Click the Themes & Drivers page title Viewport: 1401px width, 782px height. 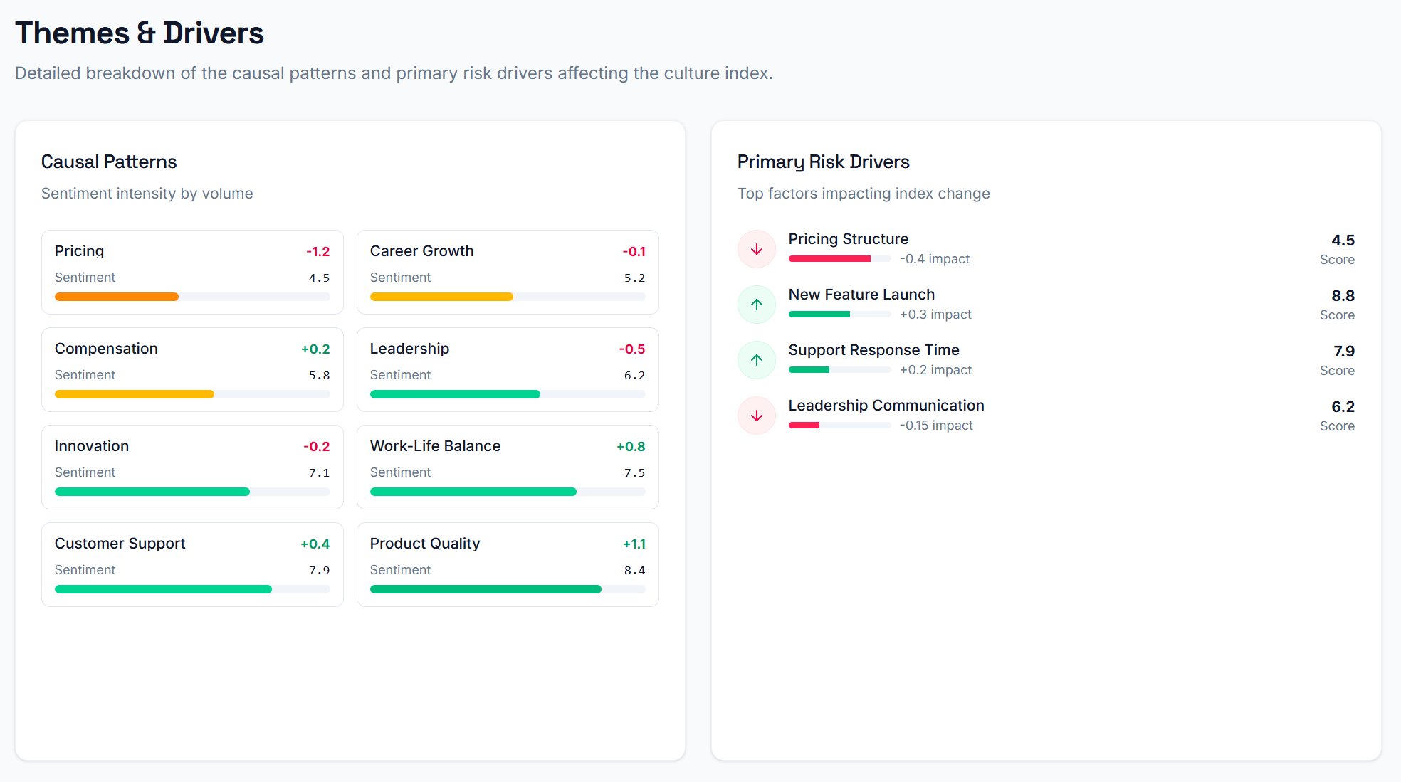[140, 33]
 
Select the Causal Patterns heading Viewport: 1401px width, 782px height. [109, 162]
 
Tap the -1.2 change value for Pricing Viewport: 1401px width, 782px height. [318, 251]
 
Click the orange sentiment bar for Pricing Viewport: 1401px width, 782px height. [117, 297]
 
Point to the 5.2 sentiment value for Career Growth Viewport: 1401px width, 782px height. [634, 278]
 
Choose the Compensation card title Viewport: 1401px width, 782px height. [106, 349]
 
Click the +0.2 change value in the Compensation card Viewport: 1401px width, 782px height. [315, 349]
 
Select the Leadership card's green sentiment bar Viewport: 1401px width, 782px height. [455, 394]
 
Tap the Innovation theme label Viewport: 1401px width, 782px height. [92, 446]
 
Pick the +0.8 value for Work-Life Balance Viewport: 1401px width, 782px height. [631, 446]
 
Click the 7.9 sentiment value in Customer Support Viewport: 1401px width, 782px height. [319, 570]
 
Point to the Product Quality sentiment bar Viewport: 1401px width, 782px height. [486, 589]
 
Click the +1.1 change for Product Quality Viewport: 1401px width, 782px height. [634, 544]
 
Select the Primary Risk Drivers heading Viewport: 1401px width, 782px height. [823, 162]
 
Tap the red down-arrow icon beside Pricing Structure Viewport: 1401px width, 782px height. [757, 249]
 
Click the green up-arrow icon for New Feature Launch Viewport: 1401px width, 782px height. [757, 305]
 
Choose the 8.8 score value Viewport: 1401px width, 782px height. [1343, 295]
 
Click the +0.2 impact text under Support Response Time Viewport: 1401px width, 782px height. [935, 370]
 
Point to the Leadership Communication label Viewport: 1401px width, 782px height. [886, 406]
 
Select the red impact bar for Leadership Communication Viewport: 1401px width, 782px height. [804, 426]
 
